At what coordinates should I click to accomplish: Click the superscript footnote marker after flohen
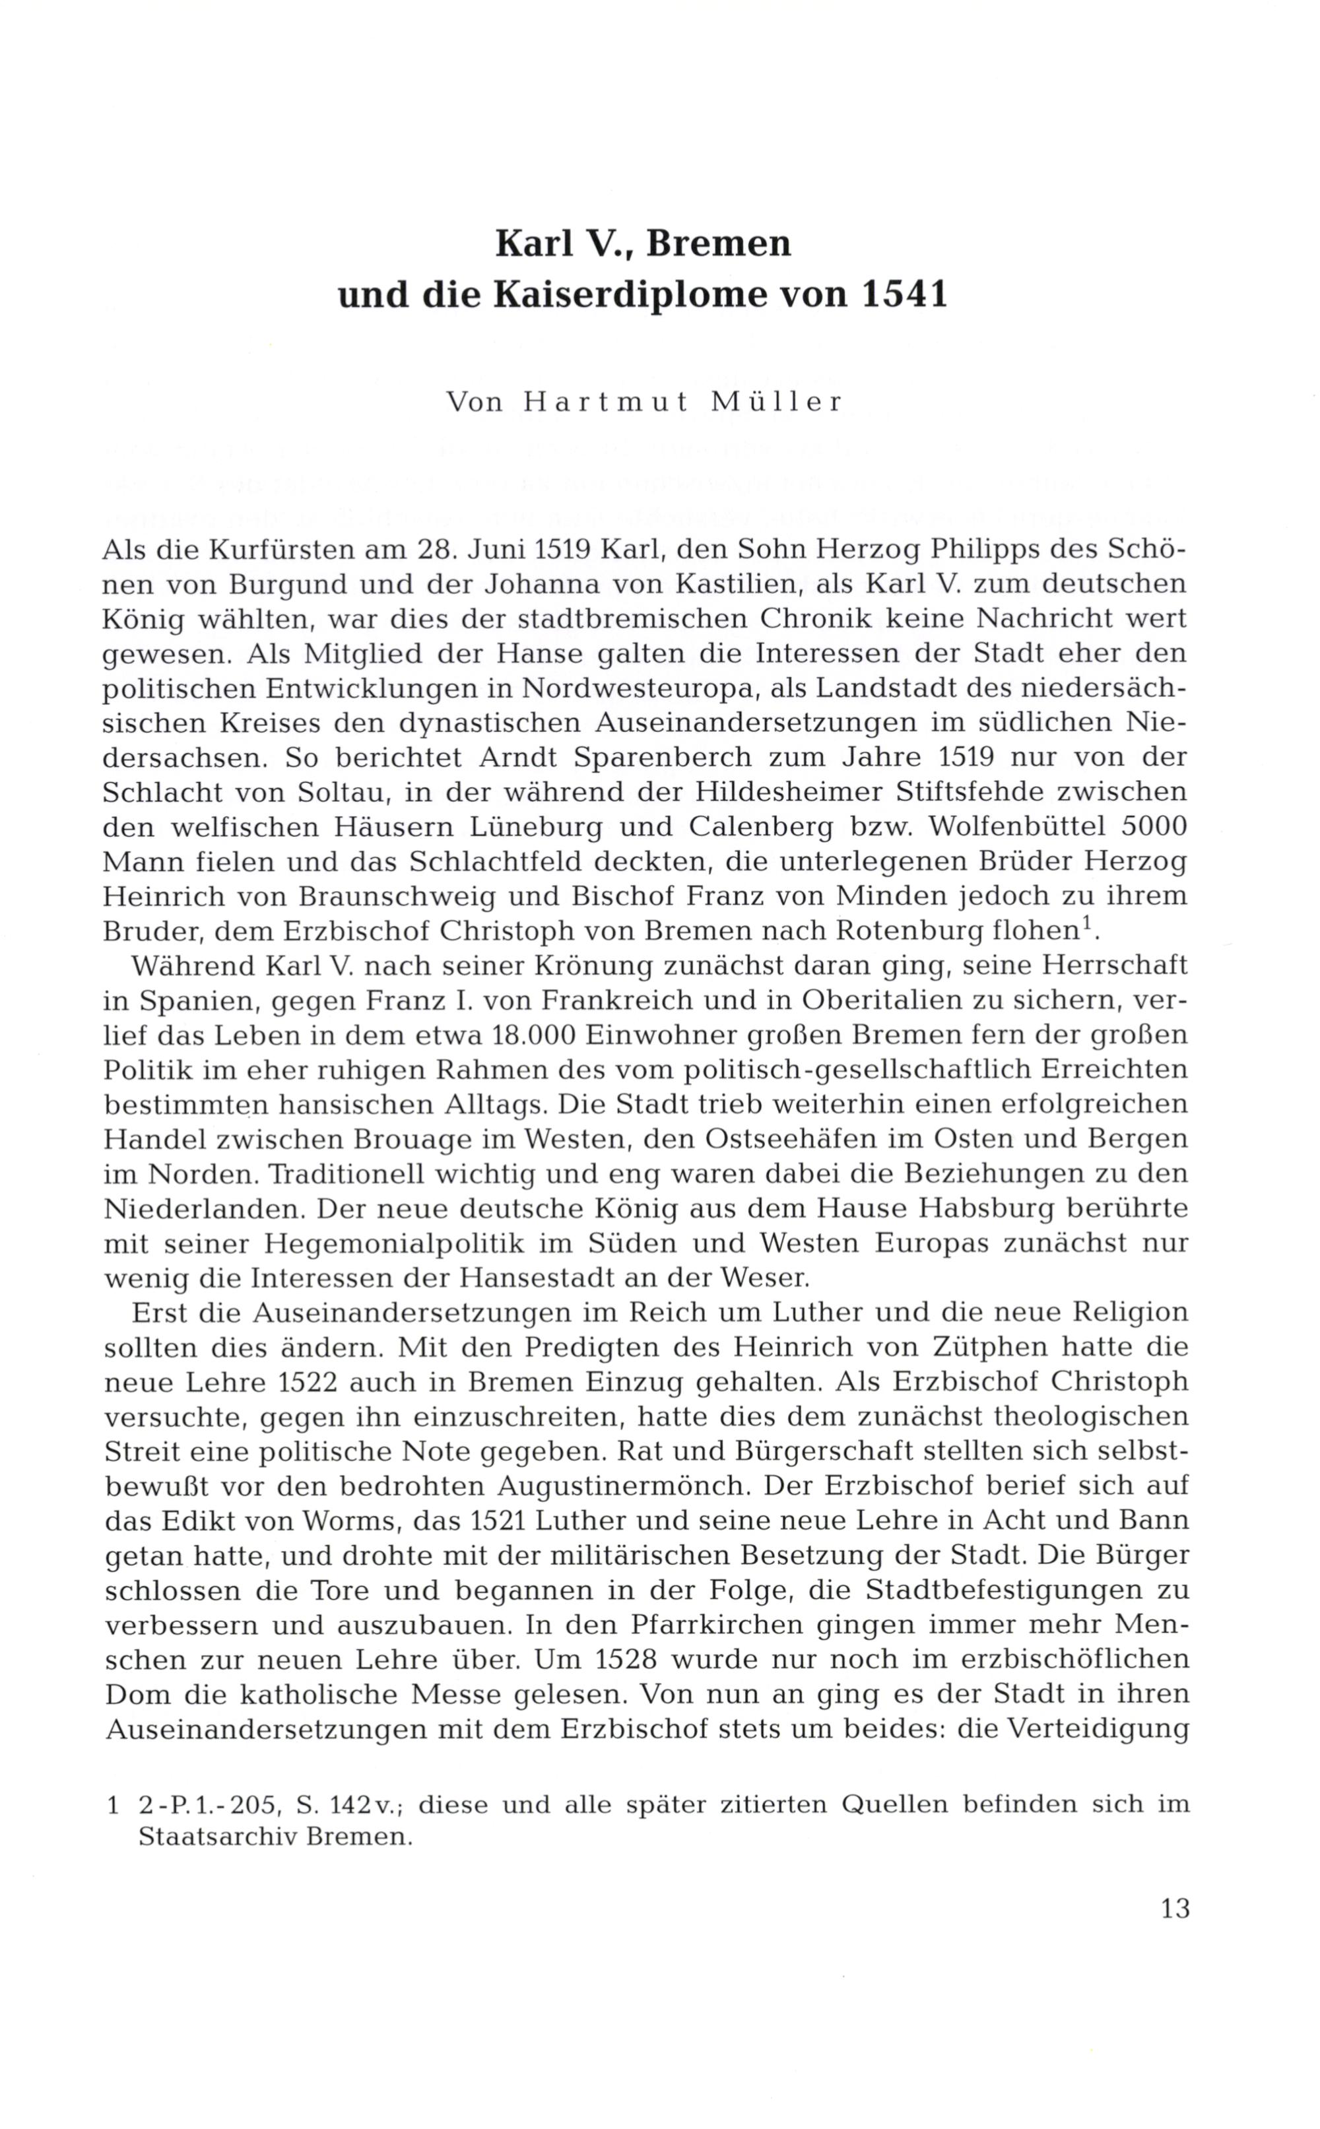[x=1088, y=923]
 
